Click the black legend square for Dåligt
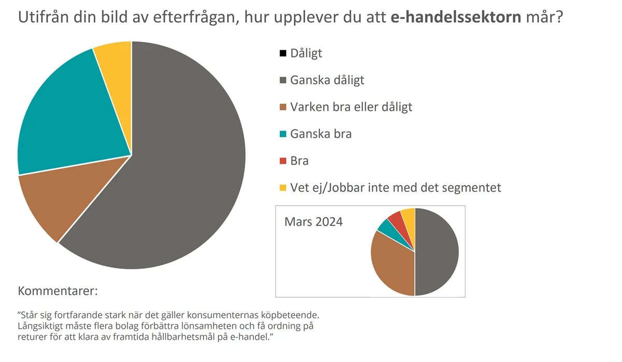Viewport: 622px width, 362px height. [283, 53]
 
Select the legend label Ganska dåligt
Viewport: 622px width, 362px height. [327, 80]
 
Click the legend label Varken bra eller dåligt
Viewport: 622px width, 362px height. [351, 107]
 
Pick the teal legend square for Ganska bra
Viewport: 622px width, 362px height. [283, 134]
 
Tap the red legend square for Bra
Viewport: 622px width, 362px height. [283, 161]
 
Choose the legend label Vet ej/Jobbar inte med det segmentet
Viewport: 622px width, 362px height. [395, 187]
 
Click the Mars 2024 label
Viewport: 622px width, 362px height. [314, 222]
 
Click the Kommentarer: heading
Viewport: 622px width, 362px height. [58, 291]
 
